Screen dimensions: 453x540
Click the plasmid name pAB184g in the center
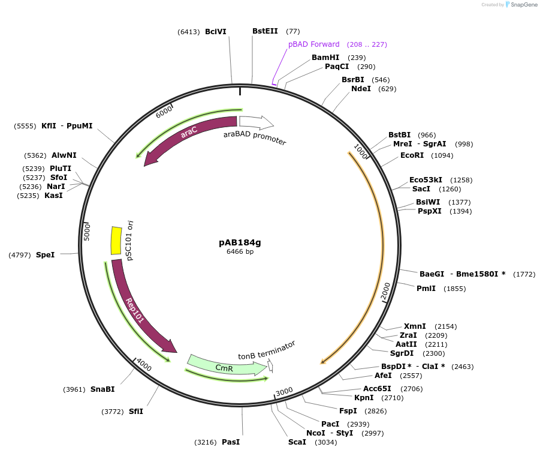[240, 242]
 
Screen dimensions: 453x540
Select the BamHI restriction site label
[325, 58]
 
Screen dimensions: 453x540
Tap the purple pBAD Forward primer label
[313, 44]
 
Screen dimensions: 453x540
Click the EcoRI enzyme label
[412, 155]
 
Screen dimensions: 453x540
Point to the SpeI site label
[45, 255]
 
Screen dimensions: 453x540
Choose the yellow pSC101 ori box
[116, 240]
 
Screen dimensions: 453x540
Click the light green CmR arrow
[225, 366]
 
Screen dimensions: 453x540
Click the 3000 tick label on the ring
[284, 391]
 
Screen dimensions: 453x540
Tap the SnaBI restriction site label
[102, 389]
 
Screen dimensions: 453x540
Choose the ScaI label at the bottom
[297, 442]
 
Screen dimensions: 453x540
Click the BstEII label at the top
[264, 31]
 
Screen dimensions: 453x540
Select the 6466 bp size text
[240, 251]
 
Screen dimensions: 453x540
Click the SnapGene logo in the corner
[521, 5]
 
